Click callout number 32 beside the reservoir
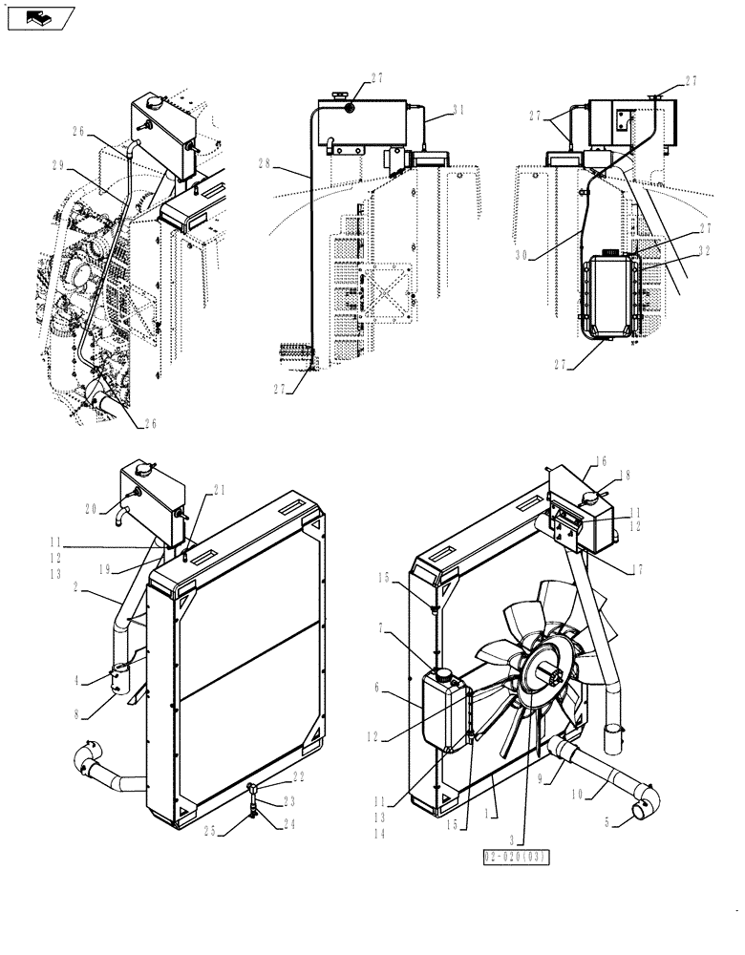[704, 251]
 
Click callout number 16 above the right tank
[599, 460]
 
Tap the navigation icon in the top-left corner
[38, 15]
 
